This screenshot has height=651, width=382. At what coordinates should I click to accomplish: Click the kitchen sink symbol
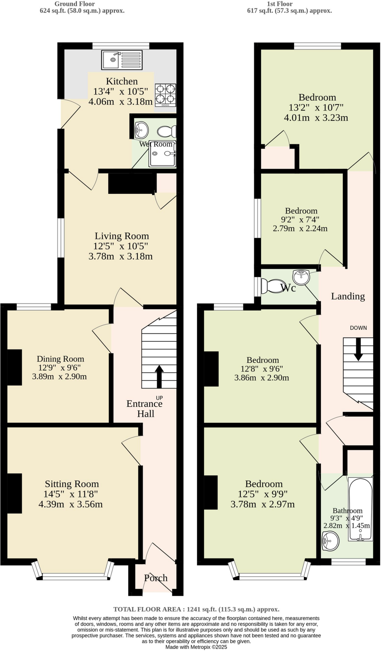click(122, 60)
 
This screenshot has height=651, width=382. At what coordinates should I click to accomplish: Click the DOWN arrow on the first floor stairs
click(358, 349)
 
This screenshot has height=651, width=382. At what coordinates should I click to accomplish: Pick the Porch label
click(156, 578)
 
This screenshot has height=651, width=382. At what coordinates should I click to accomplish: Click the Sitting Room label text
click(72, 484)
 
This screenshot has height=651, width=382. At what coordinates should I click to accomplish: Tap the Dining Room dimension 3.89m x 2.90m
click(59, 377)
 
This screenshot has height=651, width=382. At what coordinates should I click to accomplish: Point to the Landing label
click(348, 296)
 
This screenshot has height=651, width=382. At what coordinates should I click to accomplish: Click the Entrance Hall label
click(145, 408)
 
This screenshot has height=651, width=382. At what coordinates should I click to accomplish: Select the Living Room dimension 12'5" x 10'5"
click(120, 246)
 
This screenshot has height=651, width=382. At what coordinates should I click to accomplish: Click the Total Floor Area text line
click(196, 609)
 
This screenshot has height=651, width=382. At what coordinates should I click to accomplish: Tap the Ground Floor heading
click(75, 4)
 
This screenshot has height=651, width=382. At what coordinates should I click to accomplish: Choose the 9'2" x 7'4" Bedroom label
click(301, 211)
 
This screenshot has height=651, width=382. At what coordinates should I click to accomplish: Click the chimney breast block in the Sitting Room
click(14, 493)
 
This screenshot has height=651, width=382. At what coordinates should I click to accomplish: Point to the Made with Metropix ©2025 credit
click(196, 647)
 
